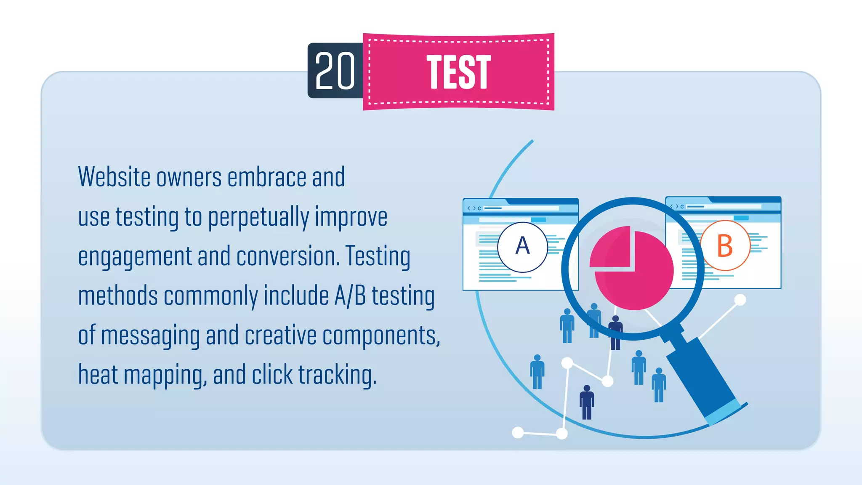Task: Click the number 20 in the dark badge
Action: tap(335, 71)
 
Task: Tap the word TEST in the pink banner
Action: tap(459, 72)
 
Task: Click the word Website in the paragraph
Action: tap(114, 177)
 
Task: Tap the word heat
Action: tap(98, 375)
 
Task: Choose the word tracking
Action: tap(337, 375)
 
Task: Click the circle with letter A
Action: tap(522, 247)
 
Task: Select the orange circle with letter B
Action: tap(725, 245)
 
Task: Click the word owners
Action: tap(189, 177)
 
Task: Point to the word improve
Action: tap(351, 217)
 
